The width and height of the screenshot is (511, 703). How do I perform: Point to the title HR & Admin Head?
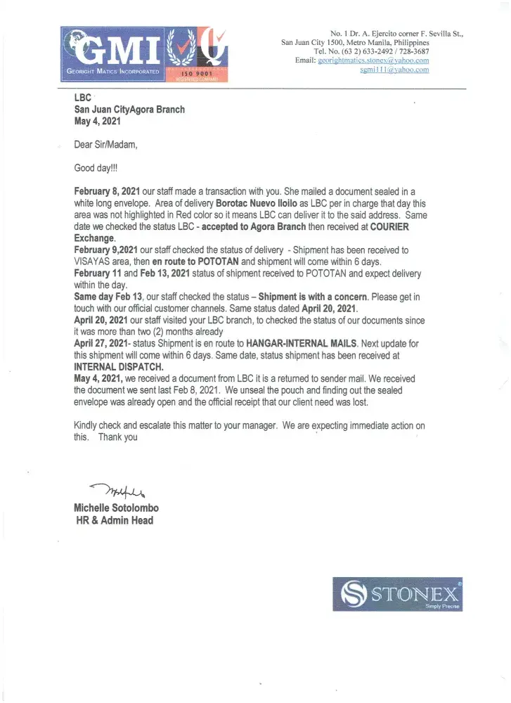point(114,521)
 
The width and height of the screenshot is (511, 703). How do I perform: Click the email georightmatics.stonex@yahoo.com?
point(373,61)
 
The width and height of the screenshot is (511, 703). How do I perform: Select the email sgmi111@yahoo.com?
point(394,70)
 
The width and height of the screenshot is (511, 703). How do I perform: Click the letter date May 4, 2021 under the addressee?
point(98,121)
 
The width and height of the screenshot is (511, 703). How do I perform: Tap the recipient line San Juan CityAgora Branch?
point(130,110)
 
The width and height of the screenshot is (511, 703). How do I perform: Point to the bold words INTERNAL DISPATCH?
point(119,366)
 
